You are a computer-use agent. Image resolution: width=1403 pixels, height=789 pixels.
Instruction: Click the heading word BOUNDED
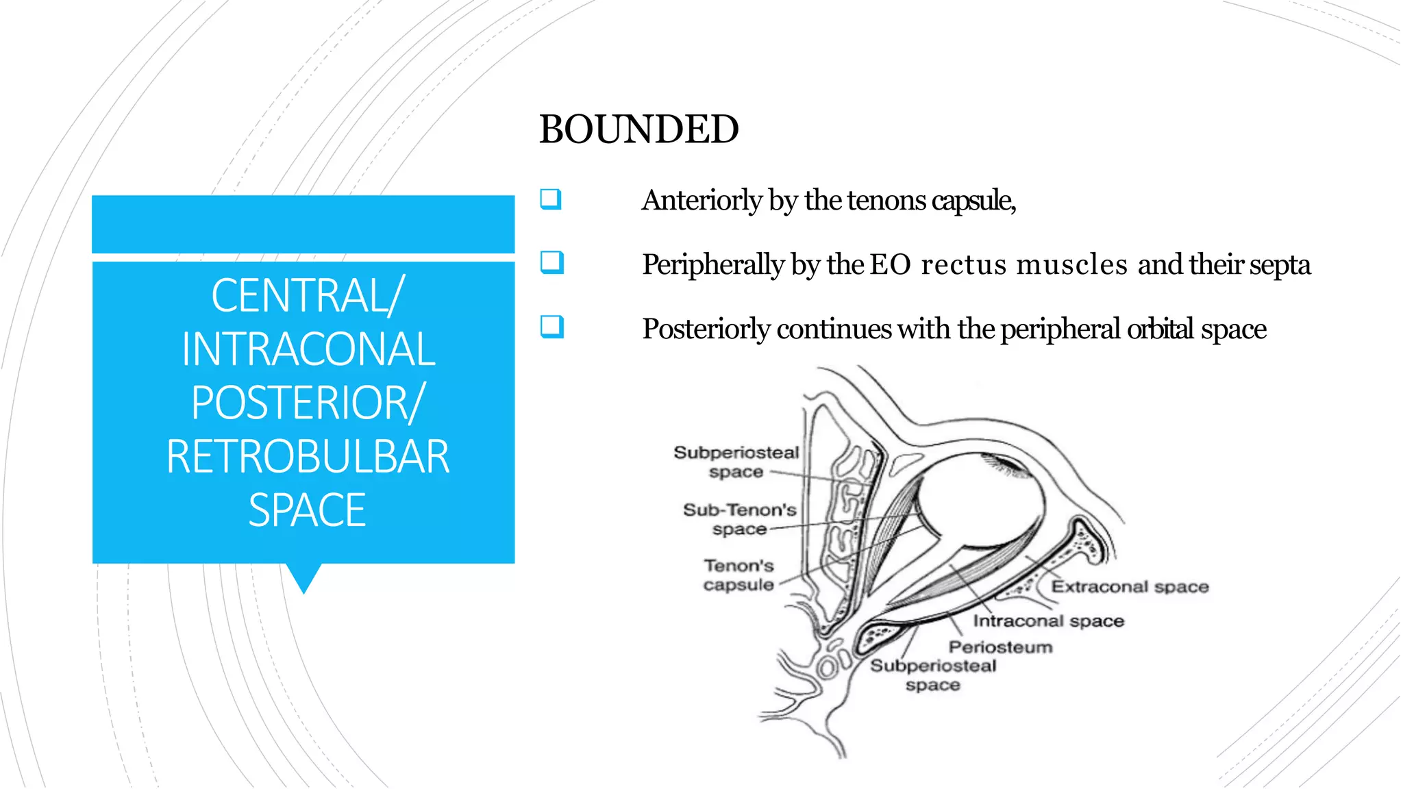pos(638,129)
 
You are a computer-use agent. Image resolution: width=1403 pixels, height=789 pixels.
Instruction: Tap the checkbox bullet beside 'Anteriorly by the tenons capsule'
pos(551,199)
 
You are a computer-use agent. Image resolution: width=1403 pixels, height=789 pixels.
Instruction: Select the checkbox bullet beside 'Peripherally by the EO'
pos(551,263)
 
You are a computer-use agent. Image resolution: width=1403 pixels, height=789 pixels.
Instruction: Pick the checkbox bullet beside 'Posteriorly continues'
pos(551,327)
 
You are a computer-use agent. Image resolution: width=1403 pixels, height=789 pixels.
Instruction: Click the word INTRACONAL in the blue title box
pos(308,349)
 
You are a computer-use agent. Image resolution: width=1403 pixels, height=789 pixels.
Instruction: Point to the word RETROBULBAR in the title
pos(308,456)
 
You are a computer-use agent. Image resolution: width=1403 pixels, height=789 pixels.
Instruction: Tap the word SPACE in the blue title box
pos(307,510)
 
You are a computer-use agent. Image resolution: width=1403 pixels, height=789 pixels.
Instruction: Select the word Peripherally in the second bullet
pos(713,265)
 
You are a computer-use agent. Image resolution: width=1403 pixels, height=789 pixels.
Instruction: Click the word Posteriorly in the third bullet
pos(706,329)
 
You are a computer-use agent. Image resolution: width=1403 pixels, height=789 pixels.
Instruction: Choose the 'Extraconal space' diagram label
pos(1130,587)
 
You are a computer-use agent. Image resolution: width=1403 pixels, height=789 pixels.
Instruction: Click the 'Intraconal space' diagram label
pos(1049,621)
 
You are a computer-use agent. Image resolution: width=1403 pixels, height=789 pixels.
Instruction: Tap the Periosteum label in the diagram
pos(1000,647)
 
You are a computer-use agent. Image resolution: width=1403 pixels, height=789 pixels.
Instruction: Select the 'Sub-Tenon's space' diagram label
pos(740,519)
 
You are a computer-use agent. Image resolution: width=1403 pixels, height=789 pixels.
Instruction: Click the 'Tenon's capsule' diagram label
pos(738,575)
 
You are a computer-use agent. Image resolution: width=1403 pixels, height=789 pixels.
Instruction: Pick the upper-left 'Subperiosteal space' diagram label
pos(736,462)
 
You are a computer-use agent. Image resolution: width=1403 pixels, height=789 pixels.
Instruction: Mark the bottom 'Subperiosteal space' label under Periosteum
pos(933,675)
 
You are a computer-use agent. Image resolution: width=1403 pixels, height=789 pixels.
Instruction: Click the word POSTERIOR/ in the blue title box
pos(308,403)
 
